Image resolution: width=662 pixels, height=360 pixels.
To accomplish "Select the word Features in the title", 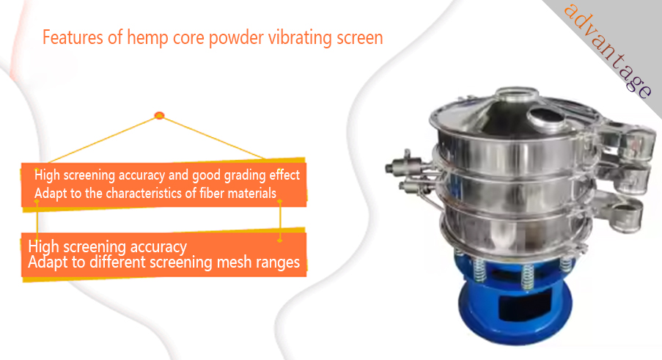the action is click(x=73, y=37).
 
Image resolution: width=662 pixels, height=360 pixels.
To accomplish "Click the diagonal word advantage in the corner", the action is click(x=608, y=51).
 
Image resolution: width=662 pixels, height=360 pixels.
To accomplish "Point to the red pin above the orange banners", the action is click(x=159, y=115).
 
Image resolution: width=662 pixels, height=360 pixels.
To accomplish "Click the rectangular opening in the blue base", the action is click(x=524, y=305).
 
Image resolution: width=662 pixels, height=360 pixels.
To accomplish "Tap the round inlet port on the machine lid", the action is click(x=548, y=117).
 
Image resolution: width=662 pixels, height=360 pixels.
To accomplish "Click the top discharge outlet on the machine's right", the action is click(x=639, y=144).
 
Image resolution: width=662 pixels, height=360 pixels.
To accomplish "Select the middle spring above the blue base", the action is click(x=527, y=276).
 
